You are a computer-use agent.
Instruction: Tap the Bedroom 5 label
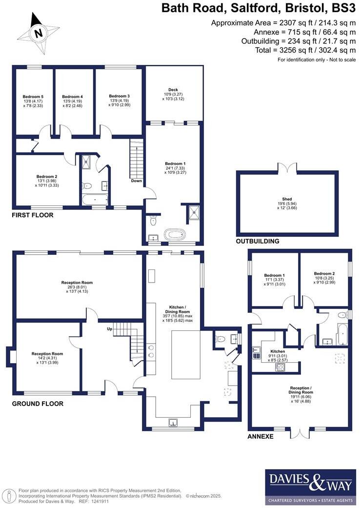point(34,96)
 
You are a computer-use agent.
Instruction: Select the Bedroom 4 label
point(72,96)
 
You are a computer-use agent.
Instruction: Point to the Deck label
point(173,89)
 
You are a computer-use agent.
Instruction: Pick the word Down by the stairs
point(137,181)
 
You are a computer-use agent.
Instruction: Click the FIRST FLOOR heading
point(33,215)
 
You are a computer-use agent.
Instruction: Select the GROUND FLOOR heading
point(38,404)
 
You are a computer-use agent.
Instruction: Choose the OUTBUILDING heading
point(258,241)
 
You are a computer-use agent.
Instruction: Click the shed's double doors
point(287,168)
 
